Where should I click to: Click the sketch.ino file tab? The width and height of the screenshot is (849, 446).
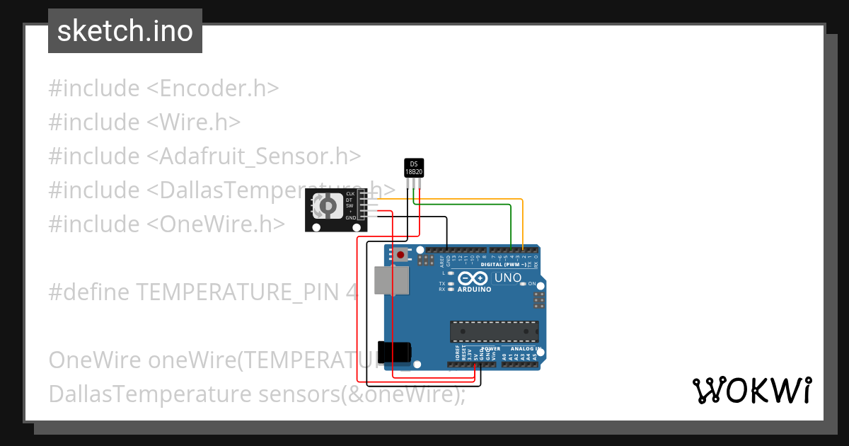point(125,31)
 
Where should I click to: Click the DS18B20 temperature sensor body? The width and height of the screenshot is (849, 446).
point(414,168)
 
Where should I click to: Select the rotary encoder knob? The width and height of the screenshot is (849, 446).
point(328,205)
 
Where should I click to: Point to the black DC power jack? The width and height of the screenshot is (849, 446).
point(393,353)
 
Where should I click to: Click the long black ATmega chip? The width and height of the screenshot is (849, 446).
point(494,331)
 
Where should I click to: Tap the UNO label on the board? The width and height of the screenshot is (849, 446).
point(507,278)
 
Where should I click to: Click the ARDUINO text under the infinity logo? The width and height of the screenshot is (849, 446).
point(474,289)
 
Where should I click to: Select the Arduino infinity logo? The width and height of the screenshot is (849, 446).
point(473,278)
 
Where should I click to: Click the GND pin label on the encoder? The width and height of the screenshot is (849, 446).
point(351,218)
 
